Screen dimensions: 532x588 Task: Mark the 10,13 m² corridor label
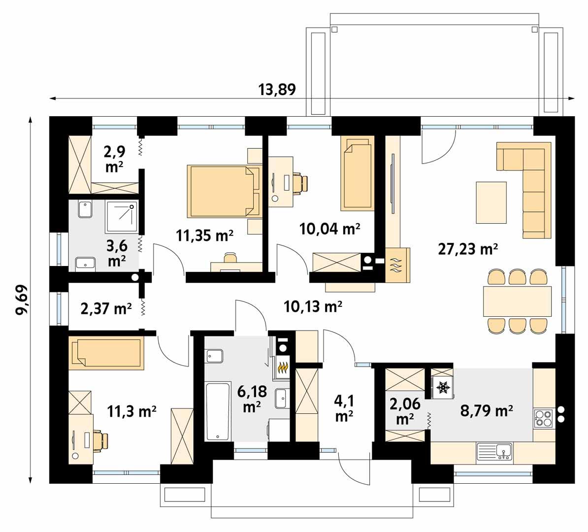[313, 307]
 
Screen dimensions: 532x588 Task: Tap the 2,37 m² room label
[106, 309]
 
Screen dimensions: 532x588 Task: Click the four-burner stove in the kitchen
[544, 419]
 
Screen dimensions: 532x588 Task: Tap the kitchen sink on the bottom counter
[495, 451]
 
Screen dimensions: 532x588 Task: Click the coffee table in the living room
[491, 202]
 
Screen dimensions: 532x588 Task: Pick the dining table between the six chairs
[518, 301]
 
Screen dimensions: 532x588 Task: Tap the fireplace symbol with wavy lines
[397, 265]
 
